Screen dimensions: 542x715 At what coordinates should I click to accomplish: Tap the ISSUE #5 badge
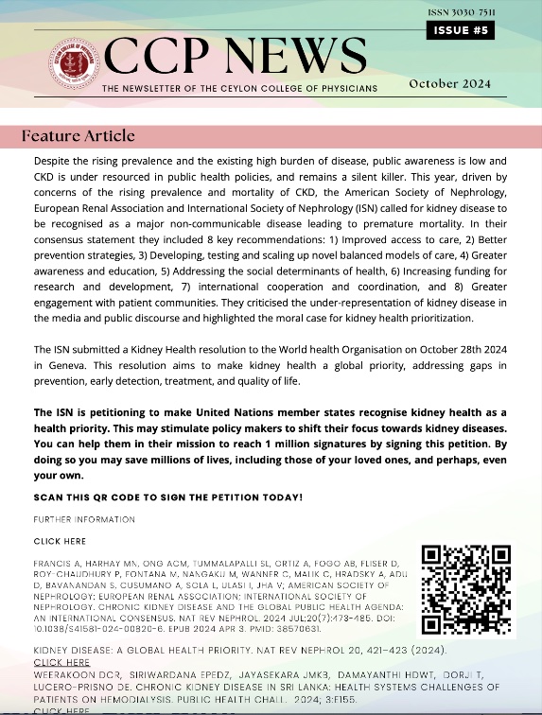click(x=462, y=30)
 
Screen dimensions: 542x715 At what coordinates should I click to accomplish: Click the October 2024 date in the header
click(x=449, y=83)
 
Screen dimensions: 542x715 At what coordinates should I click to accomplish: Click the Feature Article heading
click(x=79, y=136)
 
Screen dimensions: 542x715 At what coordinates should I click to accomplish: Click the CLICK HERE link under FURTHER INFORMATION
click(x=60, y=542)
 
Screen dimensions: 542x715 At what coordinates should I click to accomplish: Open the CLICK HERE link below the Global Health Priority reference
click(x=61, y=663)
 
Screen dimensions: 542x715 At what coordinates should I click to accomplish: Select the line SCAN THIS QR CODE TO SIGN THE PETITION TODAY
click(x=167, y=497)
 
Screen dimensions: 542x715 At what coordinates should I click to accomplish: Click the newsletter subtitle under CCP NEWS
click(x=239, y=88)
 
